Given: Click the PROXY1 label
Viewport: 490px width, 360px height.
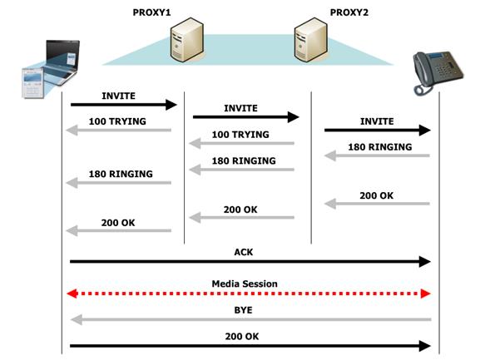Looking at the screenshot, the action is click(152, 12).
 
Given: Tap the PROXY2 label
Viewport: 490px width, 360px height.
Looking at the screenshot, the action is click(349, 12).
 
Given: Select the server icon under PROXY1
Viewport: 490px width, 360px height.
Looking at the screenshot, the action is click(187, 39).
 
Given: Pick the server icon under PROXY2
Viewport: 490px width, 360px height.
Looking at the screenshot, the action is click(310, 39).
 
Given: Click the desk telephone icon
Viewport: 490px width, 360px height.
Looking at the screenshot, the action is click(438, 72).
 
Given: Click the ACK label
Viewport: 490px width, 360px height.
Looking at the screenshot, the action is click(244, 252).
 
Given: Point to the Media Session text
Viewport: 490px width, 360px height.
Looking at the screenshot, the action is click(245, 284).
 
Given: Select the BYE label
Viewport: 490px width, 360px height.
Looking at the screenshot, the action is click(243, 310).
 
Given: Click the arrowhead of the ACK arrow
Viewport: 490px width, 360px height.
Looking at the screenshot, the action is click(424, 262).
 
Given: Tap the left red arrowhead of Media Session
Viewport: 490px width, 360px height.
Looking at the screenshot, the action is click(72, 293).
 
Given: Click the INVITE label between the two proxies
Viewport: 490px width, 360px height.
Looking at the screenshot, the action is click(240, 108).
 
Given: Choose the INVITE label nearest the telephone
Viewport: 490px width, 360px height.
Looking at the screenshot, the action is click(377, 121).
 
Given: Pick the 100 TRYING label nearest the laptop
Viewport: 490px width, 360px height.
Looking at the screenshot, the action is click(117, 121).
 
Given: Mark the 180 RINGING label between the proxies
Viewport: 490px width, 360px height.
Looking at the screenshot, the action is click(244, 160).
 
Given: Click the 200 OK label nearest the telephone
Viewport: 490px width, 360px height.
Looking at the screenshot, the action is click(377, 195).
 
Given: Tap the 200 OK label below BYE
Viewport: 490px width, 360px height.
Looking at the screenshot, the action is click(242, 337).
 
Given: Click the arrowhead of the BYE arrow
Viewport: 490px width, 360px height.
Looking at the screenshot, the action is click(77, 320).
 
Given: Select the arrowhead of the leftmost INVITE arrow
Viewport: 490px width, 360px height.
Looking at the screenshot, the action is click(171, 105).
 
